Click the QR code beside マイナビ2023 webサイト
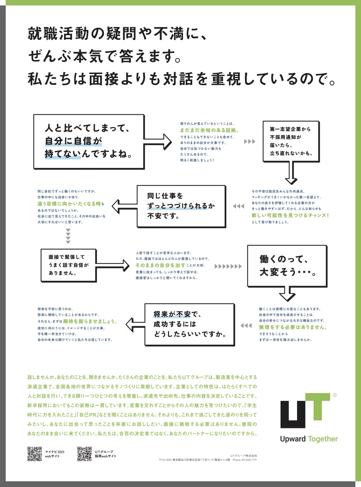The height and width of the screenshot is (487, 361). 35,454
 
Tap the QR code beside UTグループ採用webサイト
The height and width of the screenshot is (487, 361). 84,454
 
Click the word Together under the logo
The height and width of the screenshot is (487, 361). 323,439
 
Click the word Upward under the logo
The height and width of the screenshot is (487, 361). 293,439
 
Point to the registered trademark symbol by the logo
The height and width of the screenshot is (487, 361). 335,395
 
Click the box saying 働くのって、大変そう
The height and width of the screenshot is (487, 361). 287,266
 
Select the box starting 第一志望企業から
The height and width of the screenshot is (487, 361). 291,141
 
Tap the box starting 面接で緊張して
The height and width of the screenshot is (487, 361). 68,265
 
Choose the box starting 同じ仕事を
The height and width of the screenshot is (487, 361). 181,206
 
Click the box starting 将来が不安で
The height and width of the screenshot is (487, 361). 189,324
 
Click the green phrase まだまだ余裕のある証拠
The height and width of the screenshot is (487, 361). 209,130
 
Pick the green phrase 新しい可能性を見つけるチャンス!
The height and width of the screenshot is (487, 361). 290,215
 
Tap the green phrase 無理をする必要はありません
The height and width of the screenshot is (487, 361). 293,327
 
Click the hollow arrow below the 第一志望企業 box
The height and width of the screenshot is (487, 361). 291,173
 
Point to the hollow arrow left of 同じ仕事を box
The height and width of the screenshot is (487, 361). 124,206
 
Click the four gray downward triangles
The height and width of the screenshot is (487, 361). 68,236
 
